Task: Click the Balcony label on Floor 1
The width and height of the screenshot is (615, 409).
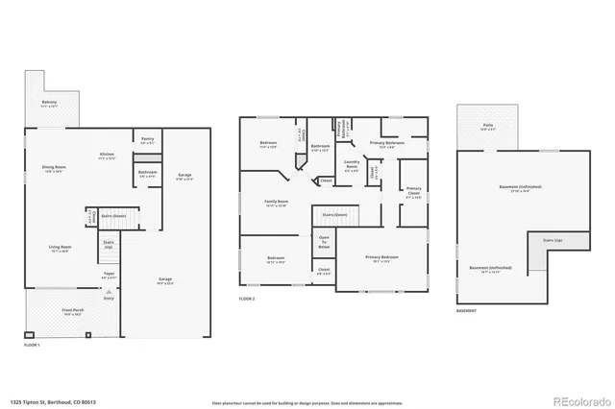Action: coord(49,103)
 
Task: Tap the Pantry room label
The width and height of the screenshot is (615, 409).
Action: coord(147,140)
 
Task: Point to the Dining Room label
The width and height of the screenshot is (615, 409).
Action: coord(53,170)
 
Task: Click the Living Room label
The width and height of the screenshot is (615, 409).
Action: coord(61,248)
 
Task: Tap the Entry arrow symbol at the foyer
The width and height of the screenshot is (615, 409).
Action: coord(109,291)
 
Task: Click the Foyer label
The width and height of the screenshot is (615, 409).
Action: coord(110,276)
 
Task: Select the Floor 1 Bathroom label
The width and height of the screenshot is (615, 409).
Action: coord(147,174)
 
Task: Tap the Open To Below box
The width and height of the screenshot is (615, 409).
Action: coord(324,243)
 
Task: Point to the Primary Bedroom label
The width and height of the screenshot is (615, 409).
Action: coord(381,257)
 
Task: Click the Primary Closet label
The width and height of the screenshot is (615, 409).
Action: coord(413,191)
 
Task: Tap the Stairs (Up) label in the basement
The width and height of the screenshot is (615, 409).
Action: coord(553,241)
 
